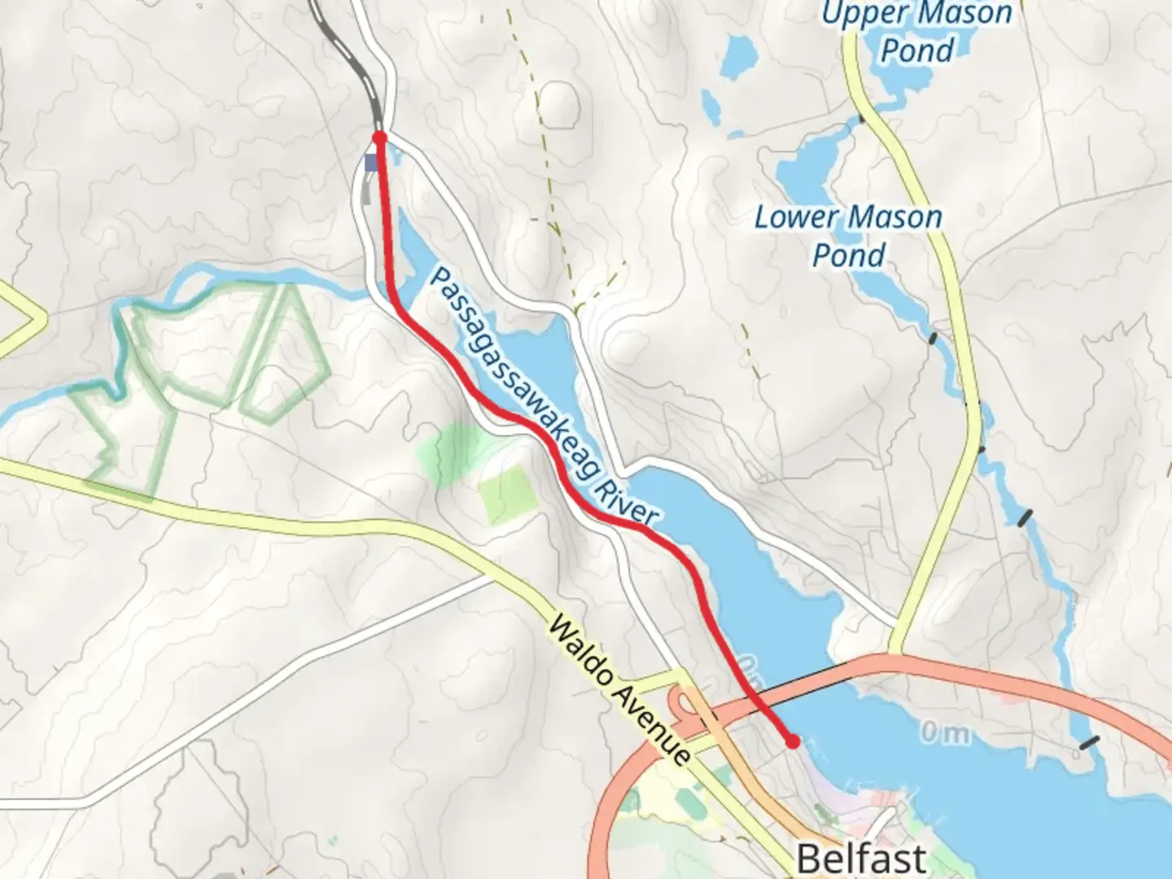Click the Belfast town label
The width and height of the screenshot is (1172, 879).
(861, 857)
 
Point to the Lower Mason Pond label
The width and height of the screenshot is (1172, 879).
(848, 236)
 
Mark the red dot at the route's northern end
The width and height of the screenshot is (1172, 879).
(379, 137)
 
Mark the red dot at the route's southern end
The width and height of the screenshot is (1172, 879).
(792, 741)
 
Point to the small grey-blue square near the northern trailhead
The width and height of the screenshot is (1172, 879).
(372, 163)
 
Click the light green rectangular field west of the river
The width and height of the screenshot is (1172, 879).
(508, 495)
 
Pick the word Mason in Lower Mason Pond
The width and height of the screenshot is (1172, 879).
(894, 217)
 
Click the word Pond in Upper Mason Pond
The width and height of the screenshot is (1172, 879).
(917, 50)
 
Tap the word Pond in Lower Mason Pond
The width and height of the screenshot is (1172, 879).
(848, 255)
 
